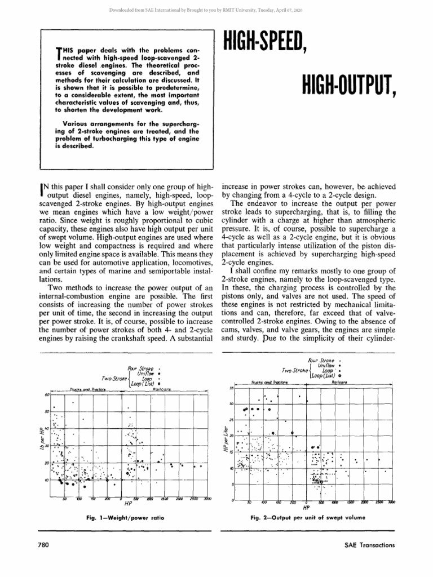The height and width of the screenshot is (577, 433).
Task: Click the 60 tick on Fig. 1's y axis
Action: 47,394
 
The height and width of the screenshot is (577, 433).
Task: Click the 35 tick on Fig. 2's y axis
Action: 231,388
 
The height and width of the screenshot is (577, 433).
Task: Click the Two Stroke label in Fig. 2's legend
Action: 295,370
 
